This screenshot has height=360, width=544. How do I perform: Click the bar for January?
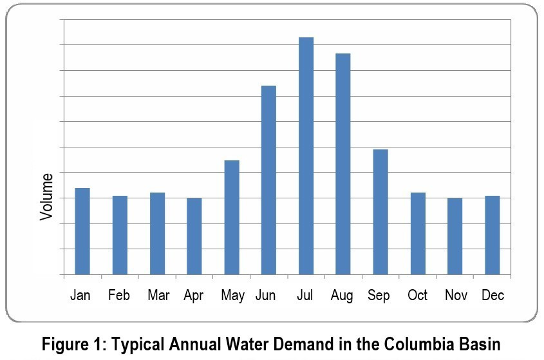[x=82, y=231]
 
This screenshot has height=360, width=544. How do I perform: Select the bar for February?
[x=120, y=235]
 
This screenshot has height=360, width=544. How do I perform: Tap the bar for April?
[x=194, y=236]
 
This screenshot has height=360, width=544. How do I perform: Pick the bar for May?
[x=232, y=217]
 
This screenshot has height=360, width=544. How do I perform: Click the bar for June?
[x=268, y=180]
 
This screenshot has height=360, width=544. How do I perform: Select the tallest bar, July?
[x=306, y=156]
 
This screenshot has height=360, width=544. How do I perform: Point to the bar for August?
[x=343, y=164]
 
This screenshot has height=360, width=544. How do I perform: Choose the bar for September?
[x=380, y=212]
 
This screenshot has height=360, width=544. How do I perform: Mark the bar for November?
[x=455, y=236]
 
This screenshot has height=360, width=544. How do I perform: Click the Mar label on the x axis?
[x=158, y=296]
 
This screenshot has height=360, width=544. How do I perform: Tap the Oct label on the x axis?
[x=417, y=296]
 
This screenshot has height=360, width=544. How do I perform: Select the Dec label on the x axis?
[x=492, y=296]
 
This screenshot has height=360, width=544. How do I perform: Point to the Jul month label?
[x=305, y=296]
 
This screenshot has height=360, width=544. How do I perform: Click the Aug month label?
[x=342, y=296]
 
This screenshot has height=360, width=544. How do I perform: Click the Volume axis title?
[x=46, y=196]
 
